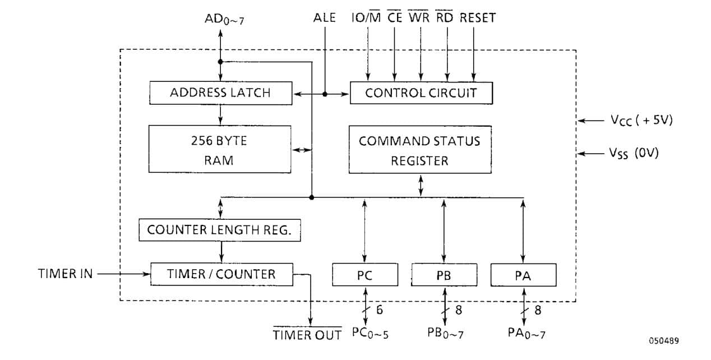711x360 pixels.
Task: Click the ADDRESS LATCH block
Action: pos(220,93)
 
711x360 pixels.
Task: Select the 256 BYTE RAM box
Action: pos(220,149)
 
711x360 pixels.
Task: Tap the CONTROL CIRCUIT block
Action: pos(421,93)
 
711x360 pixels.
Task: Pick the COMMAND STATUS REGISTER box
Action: pos(419,150)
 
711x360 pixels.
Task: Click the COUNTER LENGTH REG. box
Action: pos(219,230)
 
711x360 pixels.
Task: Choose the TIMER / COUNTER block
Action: pos(221,274)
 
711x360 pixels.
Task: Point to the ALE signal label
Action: pos(325,18)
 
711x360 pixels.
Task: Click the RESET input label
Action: pos(478,18)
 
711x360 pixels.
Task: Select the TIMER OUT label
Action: pos(307,335)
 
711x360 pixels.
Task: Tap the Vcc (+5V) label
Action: pos(641,120)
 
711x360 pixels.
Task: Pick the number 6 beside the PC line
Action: pos(380,310)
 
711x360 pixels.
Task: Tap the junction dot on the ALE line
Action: pos(325,94)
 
